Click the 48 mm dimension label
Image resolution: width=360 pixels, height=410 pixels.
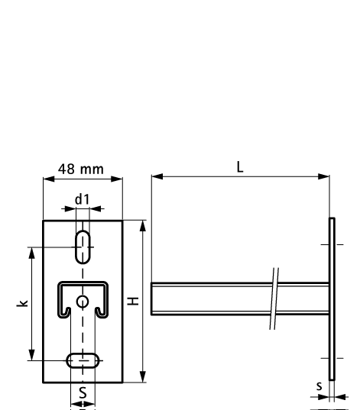[82, 169]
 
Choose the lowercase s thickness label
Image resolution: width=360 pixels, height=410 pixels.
[319, 387]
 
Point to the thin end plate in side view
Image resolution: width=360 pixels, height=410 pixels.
[332, 298]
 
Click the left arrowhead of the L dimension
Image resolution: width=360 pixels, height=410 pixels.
[155, 177]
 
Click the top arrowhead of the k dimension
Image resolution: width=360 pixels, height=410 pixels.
[31, 250]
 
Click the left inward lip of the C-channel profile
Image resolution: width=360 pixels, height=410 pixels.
[67, 311]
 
